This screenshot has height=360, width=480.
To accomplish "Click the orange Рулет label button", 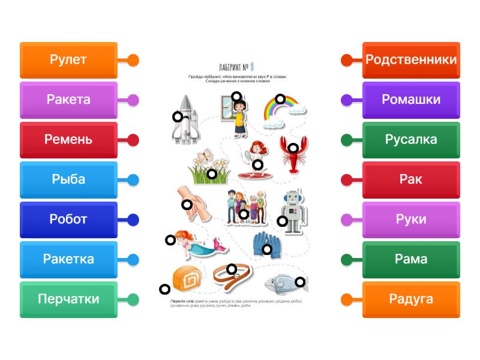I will tap(68, 60).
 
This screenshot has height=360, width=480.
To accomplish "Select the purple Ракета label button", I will tap(68, 100).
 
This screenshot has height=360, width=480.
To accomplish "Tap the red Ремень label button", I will tap(68, 140).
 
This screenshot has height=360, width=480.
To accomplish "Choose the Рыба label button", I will tap(68, 179).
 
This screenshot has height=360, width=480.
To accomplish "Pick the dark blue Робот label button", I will tap(68, 220).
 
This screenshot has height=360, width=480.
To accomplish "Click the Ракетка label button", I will tap(68, 259).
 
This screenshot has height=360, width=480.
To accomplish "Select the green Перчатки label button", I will tap(68, 299).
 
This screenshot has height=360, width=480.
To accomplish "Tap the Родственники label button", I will tap(411, 60).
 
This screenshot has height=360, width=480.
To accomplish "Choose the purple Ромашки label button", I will tap(411, 100).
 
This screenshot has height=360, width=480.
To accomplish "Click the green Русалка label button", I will tap(411, 140).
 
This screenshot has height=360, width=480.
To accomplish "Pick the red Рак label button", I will tap(411, 179).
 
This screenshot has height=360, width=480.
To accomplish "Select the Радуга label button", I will tap(411, 299).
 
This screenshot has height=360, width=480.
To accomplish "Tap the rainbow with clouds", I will tap(281, 112).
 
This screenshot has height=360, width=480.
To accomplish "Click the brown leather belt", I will tap(232, 276).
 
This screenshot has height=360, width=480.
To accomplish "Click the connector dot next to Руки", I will tap(347, 220).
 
